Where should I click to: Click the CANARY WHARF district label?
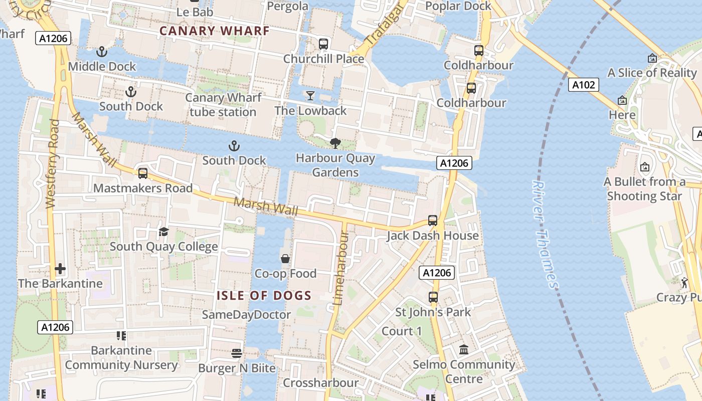click(x=215, y=31)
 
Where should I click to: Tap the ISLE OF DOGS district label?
click(x=264, y=296)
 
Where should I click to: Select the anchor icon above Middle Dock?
click(x=102, y=52)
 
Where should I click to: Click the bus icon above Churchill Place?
click(x=323, y=44)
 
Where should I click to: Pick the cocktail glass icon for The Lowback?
click(x=310, y=95)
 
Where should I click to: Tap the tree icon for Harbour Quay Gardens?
click(x=335, y=143)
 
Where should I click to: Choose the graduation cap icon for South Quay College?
click(x=163, y=232)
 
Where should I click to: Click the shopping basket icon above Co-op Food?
click(x=285, y=259)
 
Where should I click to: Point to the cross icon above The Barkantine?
click(x=60, y=269)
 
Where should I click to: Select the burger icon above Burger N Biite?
click(x=237, y=353)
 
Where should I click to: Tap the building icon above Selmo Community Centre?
click(x=464, y=349)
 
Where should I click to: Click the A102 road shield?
click(x=584, y=85)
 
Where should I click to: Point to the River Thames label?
click(x=545, y=234)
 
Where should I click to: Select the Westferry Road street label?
click(x=52, y=164)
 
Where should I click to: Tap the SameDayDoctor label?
click(x=246, y=315)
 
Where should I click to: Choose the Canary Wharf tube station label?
click(x=223, y=105)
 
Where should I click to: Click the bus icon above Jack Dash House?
click(x=432, y=221)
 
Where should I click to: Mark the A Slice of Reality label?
click(x=652, y=73)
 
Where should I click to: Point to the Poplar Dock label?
click(x=458, y=6)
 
